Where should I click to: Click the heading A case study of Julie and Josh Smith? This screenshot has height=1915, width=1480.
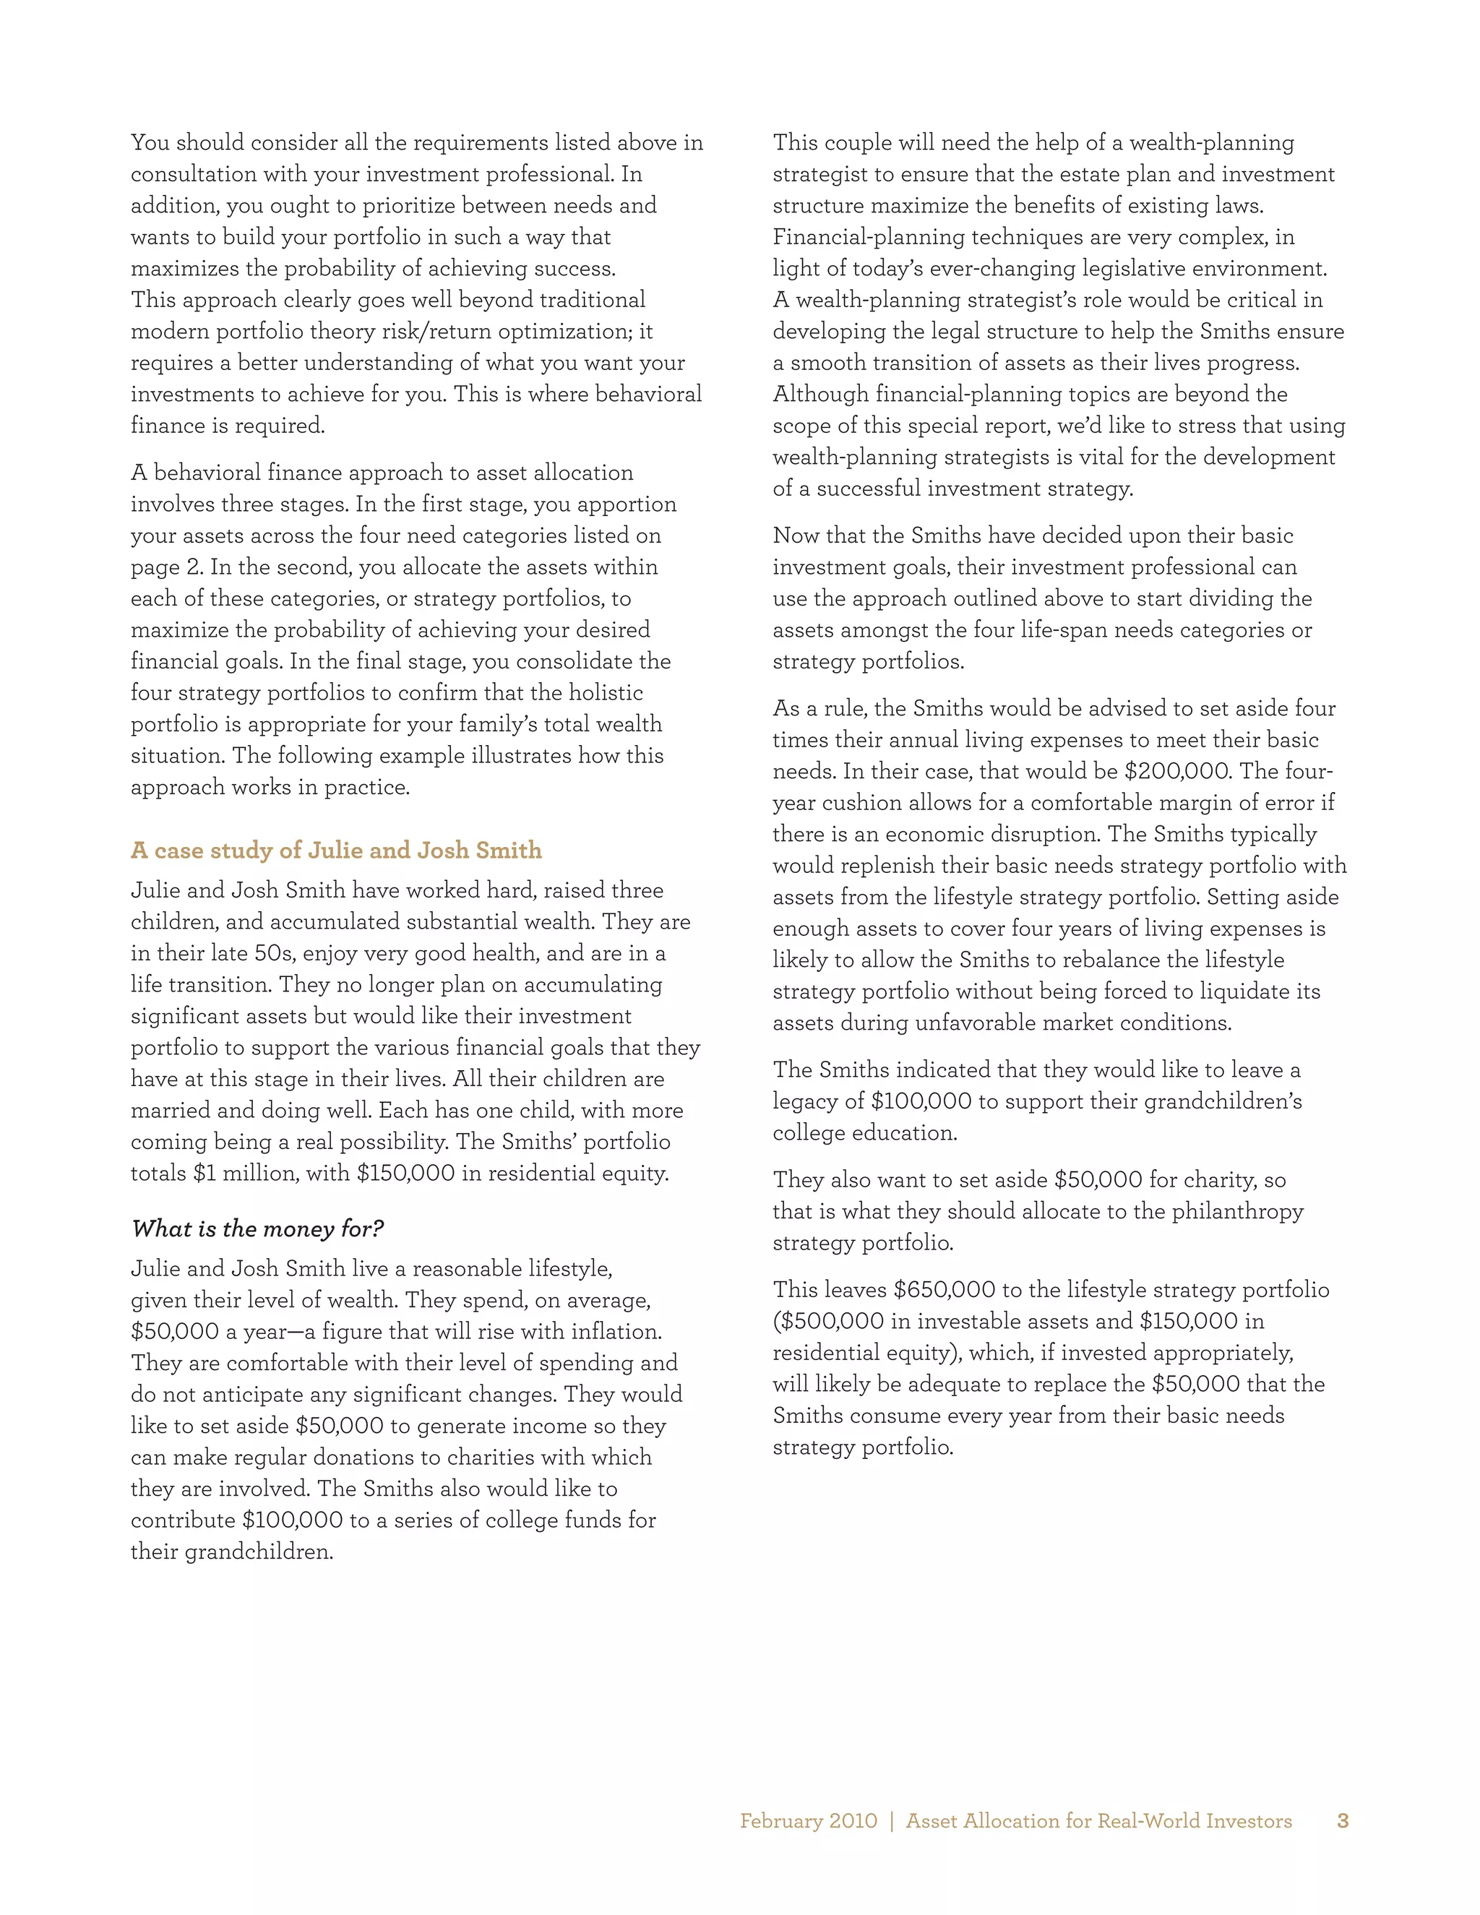click(336, 851)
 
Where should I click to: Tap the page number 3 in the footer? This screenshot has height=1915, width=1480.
click(1343, 1821)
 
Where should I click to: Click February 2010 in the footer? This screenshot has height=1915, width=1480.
click(807, 1821)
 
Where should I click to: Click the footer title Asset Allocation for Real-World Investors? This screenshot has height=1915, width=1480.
click(1098, 1821)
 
